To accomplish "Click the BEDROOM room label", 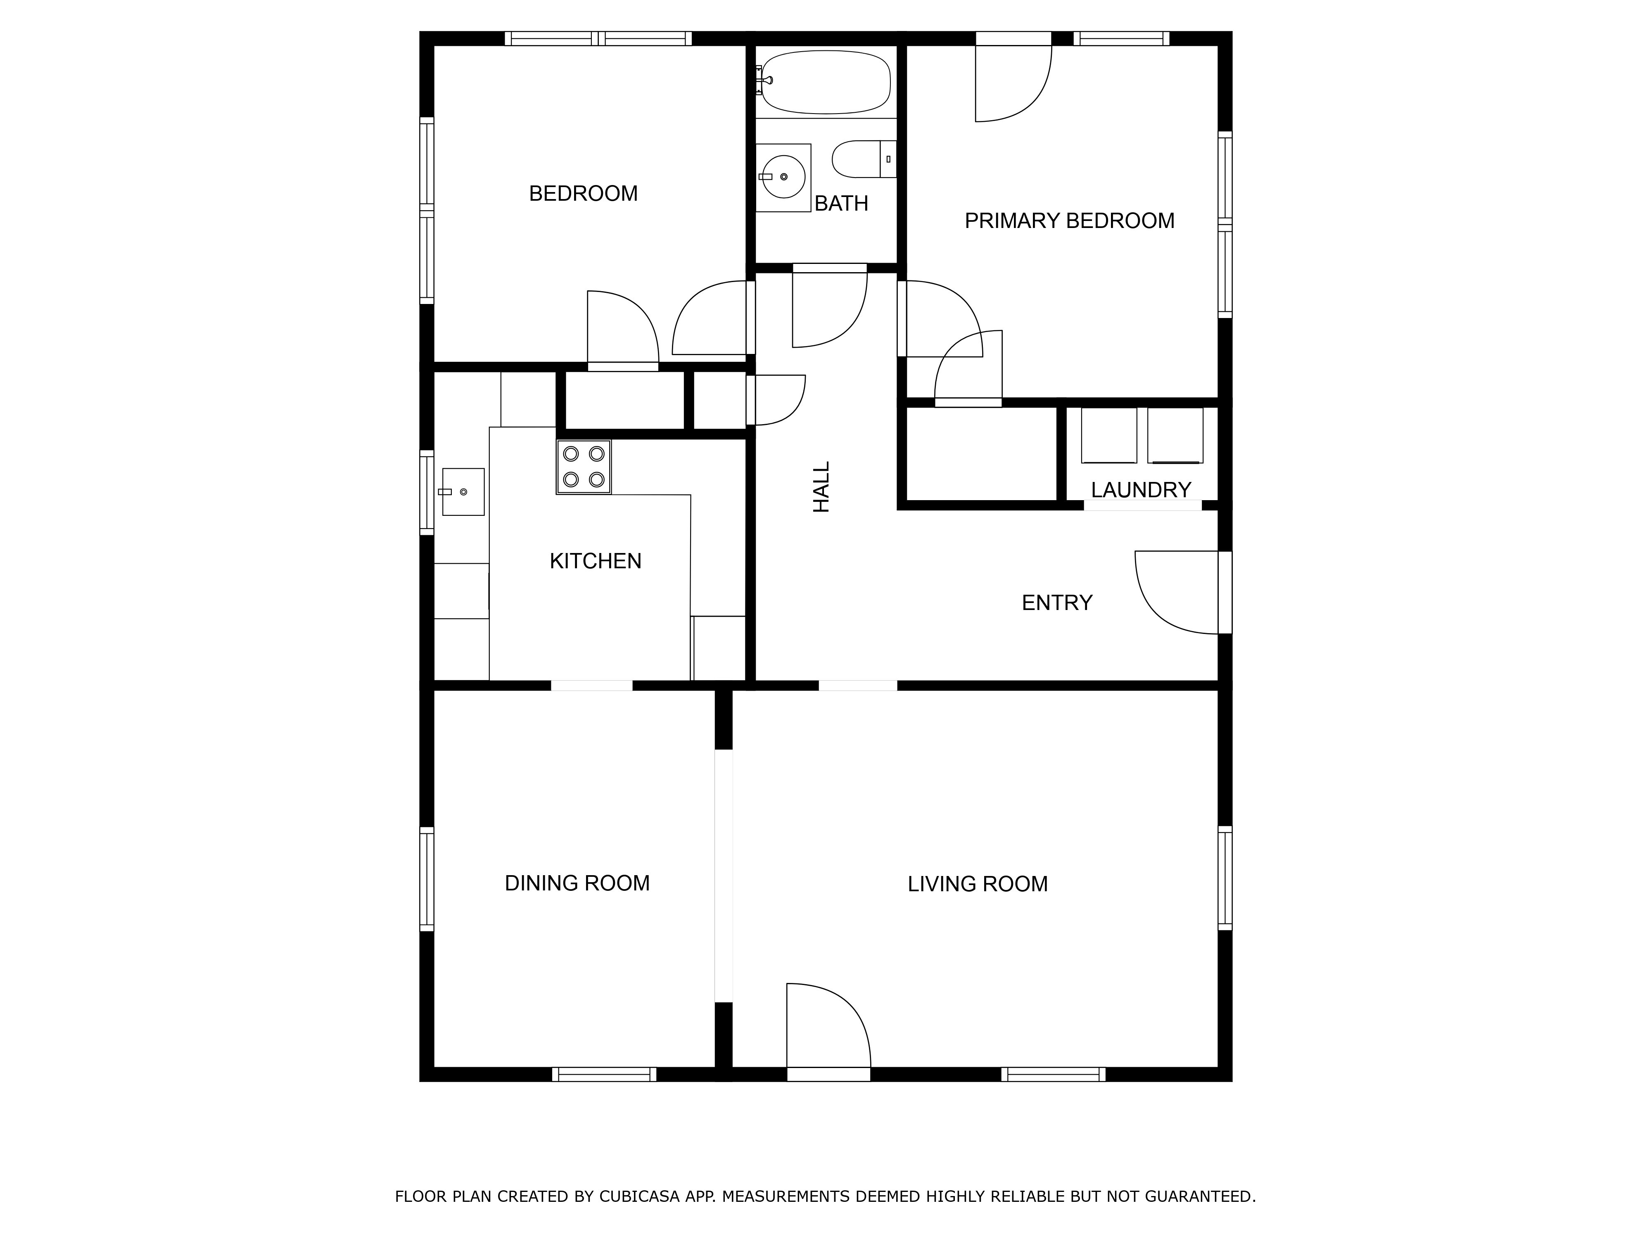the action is (583, 193).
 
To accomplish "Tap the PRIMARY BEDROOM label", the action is (1070, 221).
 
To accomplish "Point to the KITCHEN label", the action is (595, 561).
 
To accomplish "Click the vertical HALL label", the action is (821, 487).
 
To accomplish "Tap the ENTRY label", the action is (1057, 603).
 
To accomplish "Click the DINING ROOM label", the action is (577, 883).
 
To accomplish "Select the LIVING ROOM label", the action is (978, 884).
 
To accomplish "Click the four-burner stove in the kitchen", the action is (583, 467).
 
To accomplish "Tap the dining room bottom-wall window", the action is (604, 1074).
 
